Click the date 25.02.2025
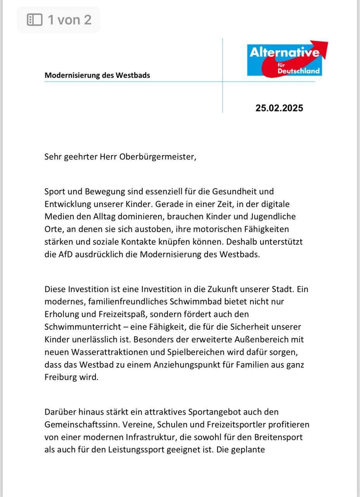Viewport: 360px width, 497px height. click(x=279, y=108)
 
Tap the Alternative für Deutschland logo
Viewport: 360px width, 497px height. click(x=287, y=59)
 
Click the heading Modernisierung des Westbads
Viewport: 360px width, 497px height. click(x=97, y=75)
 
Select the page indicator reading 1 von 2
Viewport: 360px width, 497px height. click(x=69, y=20)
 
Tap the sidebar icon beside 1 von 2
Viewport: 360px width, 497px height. click(x=35, y=20)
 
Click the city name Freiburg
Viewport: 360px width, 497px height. click(x=60, y=377)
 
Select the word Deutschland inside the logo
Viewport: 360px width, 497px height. click(x=299, y=71)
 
